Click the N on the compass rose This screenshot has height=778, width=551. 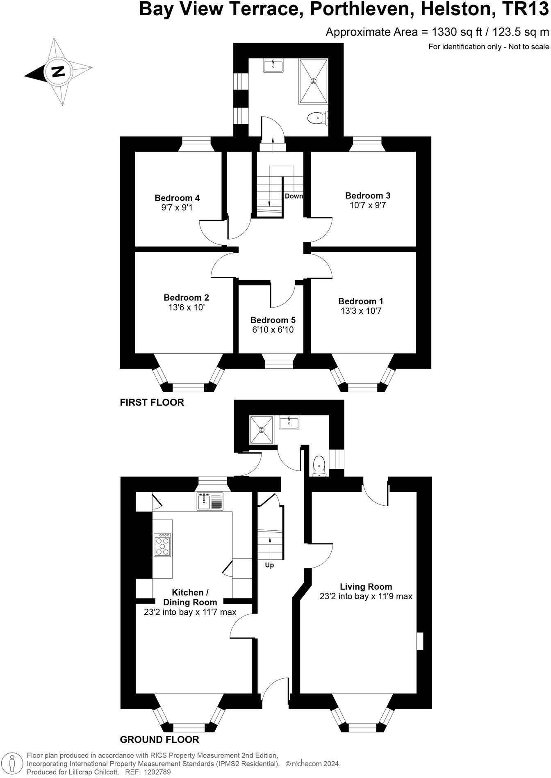tap(58, 71)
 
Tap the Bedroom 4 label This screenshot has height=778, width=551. tap(177, 198)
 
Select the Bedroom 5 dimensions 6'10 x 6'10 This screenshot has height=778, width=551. tap(273, 330)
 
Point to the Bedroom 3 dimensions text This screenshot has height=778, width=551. tap(368, 205)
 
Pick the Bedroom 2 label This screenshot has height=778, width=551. tap(187, 297)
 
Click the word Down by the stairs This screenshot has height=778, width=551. tap(294, 196)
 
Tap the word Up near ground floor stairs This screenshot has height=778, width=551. tap(269, 565)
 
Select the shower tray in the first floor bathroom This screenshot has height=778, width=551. tap(314, 81)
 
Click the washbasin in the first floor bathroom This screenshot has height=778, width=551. tap(273, 66)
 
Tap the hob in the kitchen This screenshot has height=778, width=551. tap(162, 545)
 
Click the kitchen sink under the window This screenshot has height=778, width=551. tap(210, 501)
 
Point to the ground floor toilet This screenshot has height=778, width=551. tap(319, 467)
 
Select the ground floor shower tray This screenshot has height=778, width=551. tap(262, 430)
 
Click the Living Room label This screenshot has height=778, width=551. tap(366, 587)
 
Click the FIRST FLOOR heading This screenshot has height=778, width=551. tap(152, 403)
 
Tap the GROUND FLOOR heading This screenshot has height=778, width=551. tap(159, 740)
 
